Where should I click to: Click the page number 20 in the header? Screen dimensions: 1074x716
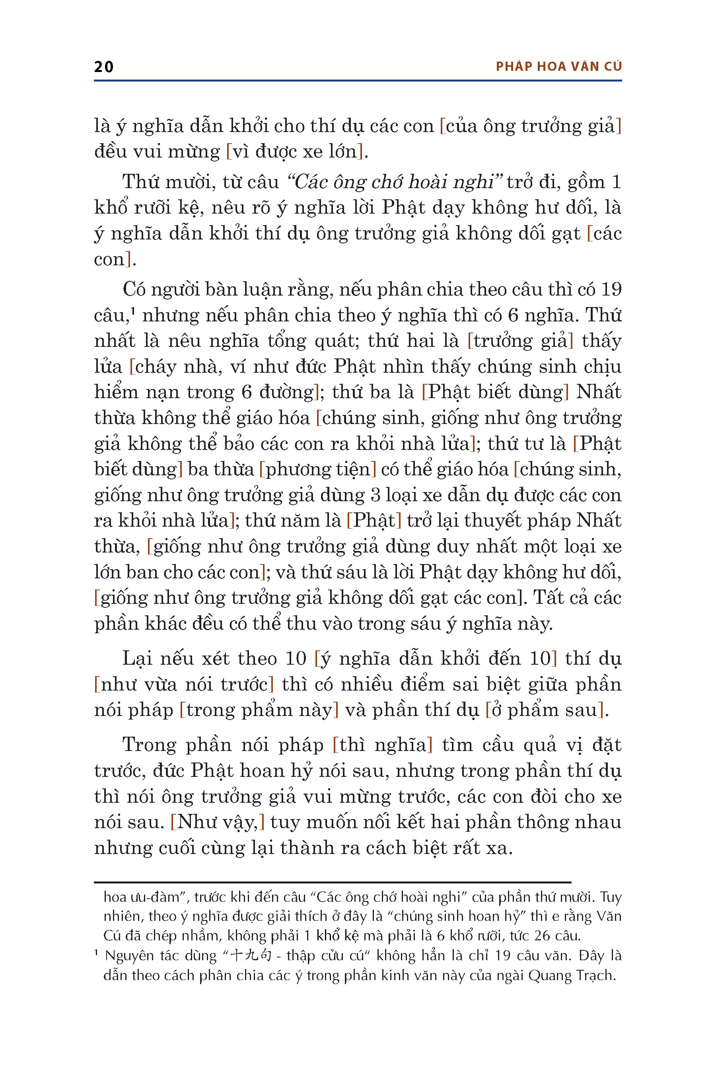click(x=104, y=67)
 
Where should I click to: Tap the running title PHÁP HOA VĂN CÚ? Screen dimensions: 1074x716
click(x=558, y=67)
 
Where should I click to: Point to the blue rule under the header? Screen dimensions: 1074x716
click(x=358, y=81)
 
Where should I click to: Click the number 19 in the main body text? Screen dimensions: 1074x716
click(x=611, y=289)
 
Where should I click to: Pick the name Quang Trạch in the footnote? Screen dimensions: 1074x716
click(x=572, y=975)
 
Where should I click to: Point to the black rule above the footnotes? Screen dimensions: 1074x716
click(x=333, y=882)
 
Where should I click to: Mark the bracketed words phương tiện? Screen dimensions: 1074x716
click(x=317, y=469)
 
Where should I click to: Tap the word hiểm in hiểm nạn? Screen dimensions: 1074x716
click(x=116, y=392)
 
